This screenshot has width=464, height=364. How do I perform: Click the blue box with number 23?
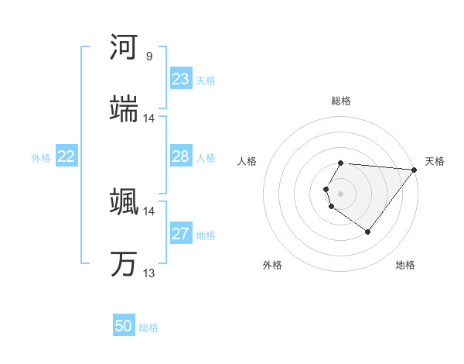tap(181, 79)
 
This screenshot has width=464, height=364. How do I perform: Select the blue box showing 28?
tap(181, 157)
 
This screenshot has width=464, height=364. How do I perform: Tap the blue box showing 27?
tap(181, 235)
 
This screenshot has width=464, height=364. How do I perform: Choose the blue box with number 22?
tap(67, 157)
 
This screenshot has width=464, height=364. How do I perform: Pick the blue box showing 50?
tap(124, 326)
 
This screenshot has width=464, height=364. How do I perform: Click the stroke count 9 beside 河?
tap(149, 57)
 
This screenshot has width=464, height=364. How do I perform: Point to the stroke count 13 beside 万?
tap(149, 273)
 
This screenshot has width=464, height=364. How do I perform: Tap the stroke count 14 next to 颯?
tap(149, 211)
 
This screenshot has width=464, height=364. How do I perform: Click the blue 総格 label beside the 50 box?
tap(148, 328)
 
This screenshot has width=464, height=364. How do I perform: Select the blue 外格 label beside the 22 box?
tap(41, 158)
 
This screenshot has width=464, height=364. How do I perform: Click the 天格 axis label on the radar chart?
tap(435, 161)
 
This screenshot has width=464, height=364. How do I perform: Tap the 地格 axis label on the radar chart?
tap(405, 266)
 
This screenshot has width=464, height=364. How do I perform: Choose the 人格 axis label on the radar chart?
tap(247, 161)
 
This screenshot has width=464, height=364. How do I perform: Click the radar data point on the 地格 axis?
tap(367, 232)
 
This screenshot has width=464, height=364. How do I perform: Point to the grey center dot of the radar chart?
tap(341, 193)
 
